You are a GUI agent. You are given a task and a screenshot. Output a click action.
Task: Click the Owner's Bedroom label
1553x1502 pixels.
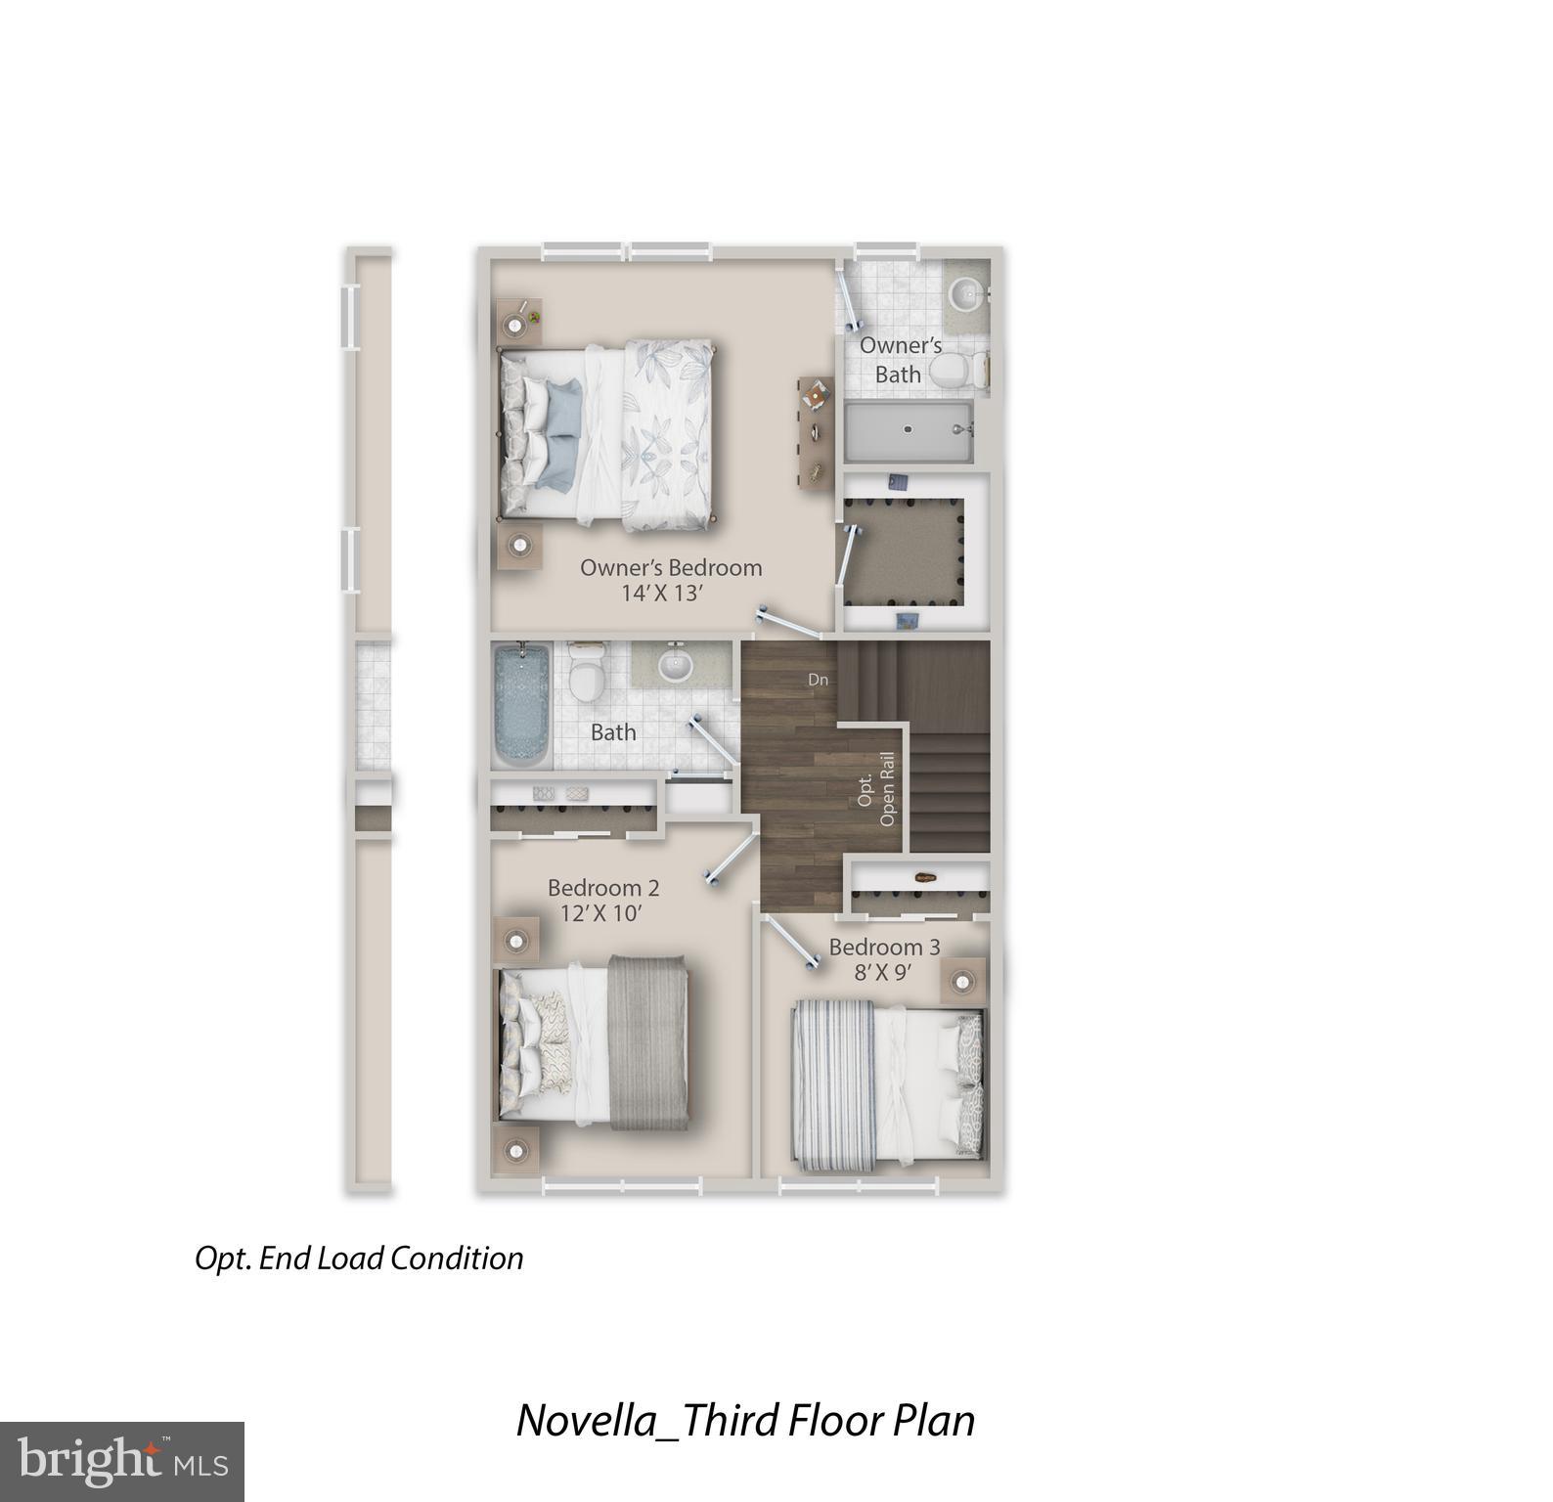[x=670, y=567]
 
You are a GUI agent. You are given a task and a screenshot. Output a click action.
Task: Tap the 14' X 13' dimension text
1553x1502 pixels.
[x=662, y=594]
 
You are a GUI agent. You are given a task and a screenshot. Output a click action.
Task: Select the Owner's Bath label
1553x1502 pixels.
[x=900, y=359]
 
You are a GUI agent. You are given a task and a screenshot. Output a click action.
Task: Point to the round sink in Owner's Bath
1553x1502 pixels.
[x=966, y=291]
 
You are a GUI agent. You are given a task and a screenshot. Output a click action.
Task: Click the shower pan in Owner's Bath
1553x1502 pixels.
[x=908, y=431]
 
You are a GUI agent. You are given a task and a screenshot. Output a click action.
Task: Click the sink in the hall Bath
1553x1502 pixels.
[x=674, y=665]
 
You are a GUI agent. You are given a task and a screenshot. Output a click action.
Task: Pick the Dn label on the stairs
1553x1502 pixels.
[x=818, y=680]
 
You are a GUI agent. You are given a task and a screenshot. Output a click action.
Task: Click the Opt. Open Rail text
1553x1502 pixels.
[x=876, y=789]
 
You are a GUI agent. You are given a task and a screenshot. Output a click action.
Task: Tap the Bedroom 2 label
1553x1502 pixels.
[x=603, y=888]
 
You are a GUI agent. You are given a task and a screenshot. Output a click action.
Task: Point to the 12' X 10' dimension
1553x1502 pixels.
[x=600, y=914]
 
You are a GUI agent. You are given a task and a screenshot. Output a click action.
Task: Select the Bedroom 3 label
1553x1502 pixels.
[x=884, y=947]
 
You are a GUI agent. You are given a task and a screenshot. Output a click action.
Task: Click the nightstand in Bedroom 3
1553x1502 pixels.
[x=962, y=980]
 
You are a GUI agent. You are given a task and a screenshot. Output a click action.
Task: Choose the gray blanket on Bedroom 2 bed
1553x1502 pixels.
[x=647, y=1042]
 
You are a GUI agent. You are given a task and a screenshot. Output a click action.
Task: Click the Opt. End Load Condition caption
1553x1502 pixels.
[x=359, y=1258]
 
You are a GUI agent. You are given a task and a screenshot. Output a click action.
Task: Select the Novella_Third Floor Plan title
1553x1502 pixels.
[x=745, y=1421]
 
